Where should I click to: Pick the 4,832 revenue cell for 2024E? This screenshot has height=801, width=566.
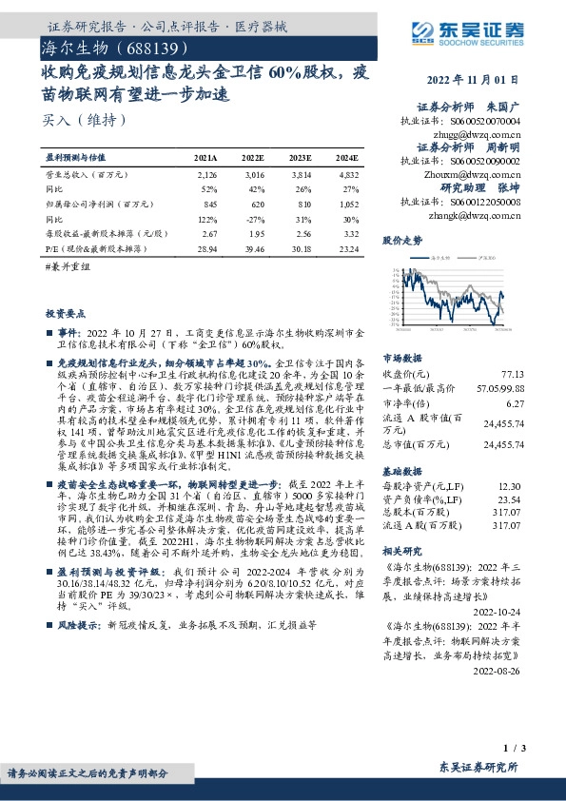click(x=348, y=175)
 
